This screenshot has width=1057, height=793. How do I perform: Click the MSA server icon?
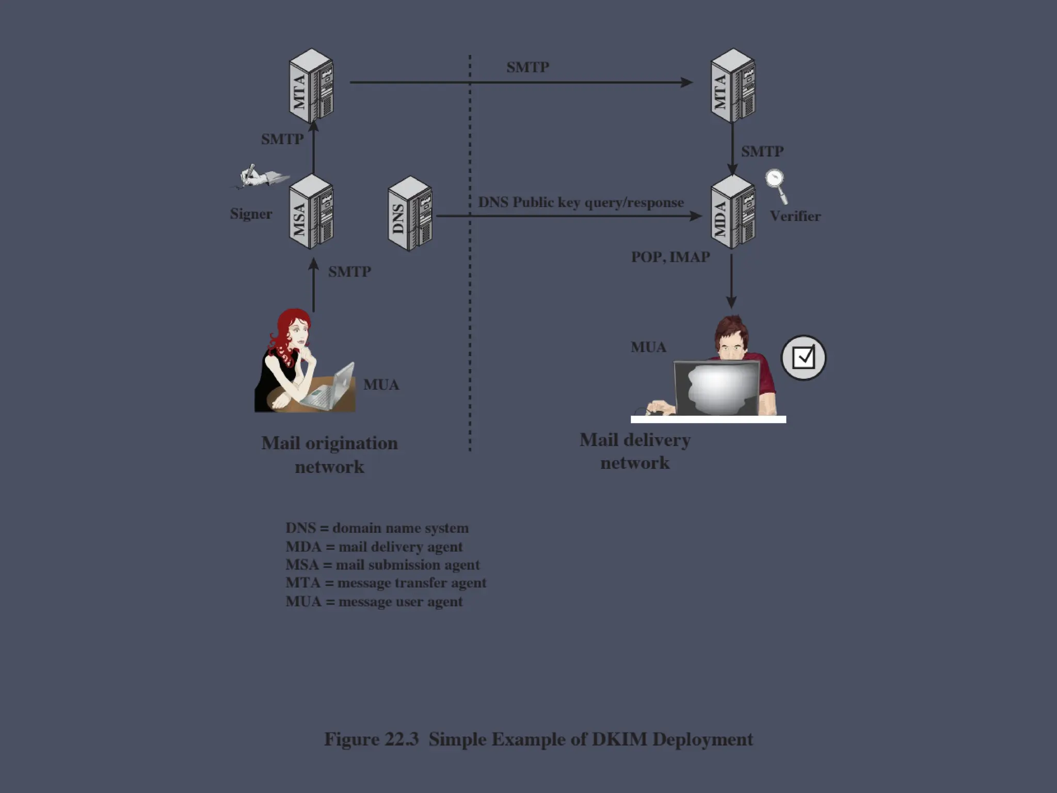pos(311,212)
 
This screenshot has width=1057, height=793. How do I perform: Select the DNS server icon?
pos(410,214)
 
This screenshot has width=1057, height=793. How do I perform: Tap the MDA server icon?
pos(732,212)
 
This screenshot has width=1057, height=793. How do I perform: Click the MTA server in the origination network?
pos(311,86)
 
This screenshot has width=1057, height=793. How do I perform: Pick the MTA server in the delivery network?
pos(732,86)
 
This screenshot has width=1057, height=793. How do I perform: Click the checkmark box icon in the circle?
pos(803,357)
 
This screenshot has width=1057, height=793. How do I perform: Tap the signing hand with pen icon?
pos(258,176)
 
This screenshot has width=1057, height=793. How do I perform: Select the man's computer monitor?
pos(717,387)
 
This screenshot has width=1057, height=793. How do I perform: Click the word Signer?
pos(251,214)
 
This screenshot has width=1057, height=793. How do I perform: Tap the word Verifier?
pos(795,216)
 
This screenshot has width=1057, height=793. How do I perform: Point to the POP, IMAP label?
pos(670,257)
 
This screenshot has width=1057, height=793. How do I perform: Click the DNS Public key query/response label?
pos(581,202)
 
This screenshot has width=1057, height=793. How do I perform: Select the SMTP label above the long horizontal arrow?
pos(527,67)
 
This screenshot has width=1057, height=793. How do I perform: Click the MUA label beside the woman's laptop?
pos(381,385)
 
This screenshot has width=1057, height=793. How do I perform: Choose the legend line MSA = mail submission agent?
pos(382,565)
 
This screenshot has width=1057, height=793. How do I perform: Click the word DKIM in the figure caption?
pos(619,739)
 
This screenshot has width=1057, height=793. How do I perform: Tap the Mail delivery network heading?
pos(635,451)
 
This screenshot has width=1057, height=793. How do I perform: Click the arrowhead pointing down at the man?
pos(731,302)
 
